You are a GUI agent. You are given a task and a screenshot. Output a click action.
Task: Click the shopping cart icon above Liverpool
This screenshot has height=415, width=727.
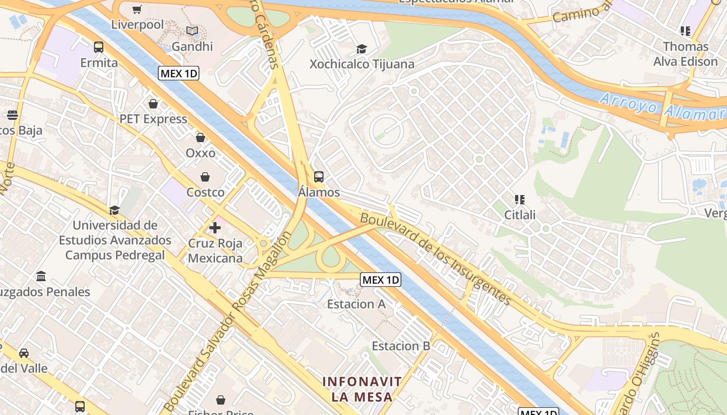(x=137, y=9)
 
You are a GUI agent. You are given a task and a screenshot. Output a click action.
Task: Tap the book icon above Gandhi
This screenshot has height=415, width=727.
(x=192, y=31)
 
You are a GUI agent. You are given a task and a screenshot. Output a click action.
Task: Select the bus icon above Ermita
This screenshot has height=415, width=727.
(x=99, y=47)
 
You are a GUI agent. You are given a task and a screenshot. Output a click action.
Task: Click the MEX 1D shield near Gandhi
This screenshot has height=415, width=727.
(x=179, y=73)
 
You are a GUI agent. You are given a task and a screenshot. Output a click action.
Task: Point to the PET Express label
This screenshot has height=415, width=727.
(x=153, y=119)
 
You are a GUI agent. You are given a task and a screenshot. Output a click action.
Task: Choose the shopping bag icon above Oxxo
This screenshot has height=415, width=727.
(x=200, y=137)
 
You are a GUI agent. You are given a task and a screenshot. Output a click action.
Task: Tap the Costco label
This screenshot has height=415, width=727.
(x=206, y=192)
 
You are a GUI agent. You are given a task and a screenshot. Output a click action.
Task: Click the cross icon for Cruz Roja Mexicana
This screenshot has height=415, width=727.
(x=215, y=228)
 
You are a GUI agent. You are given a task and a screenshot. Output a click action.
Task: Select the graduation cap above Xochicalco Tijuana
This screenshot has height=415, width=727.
(x=361, y=49)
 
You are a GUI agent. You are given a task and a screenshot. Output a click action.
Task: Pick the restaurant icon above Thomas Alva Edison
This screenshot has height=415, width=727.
(x=685, y=31)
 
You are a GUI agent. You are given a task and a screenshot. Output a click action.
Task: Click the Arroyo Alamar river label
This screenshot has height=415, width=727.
(x=662, y=106)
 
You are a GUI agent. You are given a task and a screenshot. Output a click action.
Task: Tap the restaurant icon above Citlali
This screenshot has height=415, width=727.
(x=519, y=199)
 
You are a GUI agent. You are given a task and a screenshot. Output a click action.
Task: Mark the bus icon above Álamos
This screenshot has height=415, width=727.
(x=319, y=176)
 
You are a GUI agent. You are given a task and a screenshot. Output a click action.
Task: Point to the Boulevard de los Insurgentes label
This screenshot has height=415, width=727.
(x=436, y=258)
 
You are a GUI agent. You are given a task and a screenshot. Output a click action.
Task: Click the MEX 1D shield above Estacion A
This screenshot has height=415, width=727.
(x=381, y=280)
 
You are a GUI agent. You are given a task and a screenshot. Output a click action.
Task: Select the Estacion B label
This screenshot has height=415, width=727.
(x=401, y=346)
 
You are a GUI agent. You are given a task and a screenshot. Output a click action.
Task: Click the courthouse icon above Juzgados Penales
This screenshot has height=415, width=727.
(x=41, y=276)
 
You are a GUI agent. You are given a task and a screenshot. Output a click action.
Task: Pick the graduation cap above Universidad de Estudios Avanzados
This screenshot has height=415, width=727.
(x=114, y=210)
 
